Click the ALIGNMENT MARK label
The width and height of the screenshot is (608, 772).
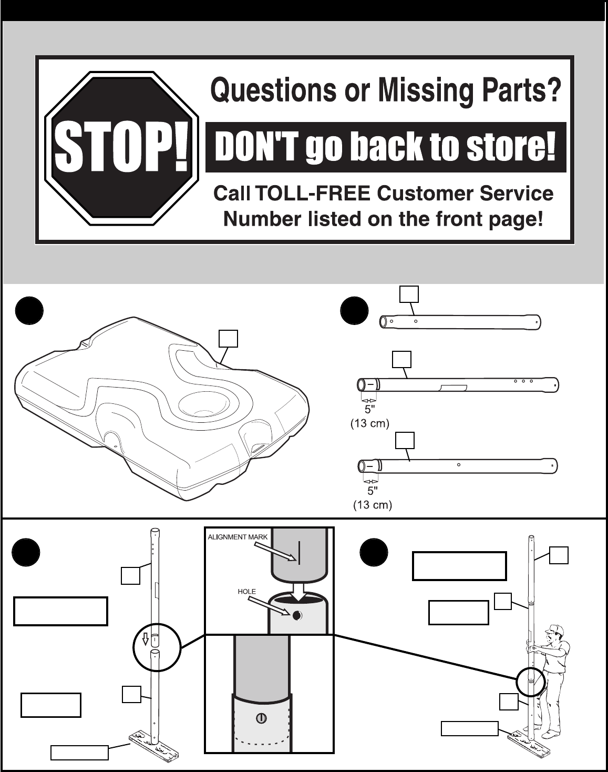[x=238, y=537]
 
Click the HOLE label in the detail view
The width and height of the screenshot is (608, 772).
[x=246, y=592]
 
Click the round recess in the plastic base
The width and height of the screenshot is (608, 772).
[x=202, y=405]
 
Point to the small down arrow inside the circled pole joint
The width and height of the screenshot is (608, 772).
[x=146, y=638]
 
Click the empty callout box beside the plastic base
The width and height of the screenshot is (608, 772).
[x=228, y=339]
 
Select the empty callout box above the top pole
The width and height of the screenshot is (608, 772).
[x=409, y=294]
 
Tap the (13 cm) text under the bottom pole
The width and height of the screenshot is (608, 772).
[x=372, y=505]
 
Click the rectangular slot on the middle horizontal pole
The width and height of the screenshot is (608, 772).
[x=452, y=388]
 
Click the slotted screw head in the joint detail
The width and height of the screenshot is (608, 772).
[x=260, y=718]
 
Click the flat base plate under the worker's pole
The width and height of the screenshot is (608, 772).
[x=529, y=744]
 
